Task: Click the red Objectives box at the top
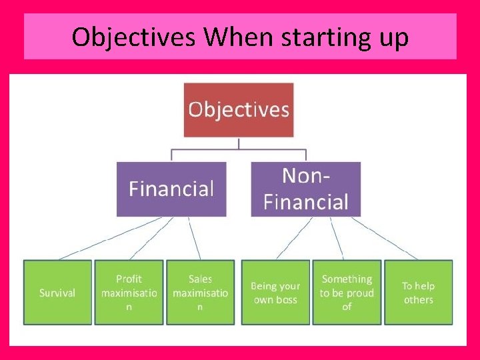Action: tap(239, 109)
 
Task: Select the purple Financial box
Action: tap(171, 189)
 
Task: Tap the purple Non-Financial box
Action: tap(305, 189)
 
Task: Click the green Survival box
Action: tap(57, 293)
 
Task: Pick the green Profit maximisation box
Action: tap(129, 293)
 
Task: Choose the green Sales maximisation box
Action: tap(200, 293)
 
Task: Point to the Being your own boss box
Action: tap(275, 293)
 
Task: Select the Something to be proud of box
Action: tap(347, 293)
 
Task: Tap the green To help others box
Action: tap(418, 293)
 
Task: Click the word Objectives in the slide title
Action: tap(133, 37)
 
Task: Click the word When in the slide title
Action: tap(239, 37)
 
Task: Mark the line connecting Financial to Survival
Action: tap(110, 238)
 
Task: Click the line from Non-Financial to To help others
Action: tap(385, 238)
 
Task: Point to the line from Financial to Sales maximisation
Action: tap(194, 238)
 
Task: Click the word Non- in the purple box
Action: tap(306, 176)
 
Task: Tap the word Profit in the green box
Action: tap(129, 279)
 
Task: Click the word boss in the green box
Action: tap(287, 300)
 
